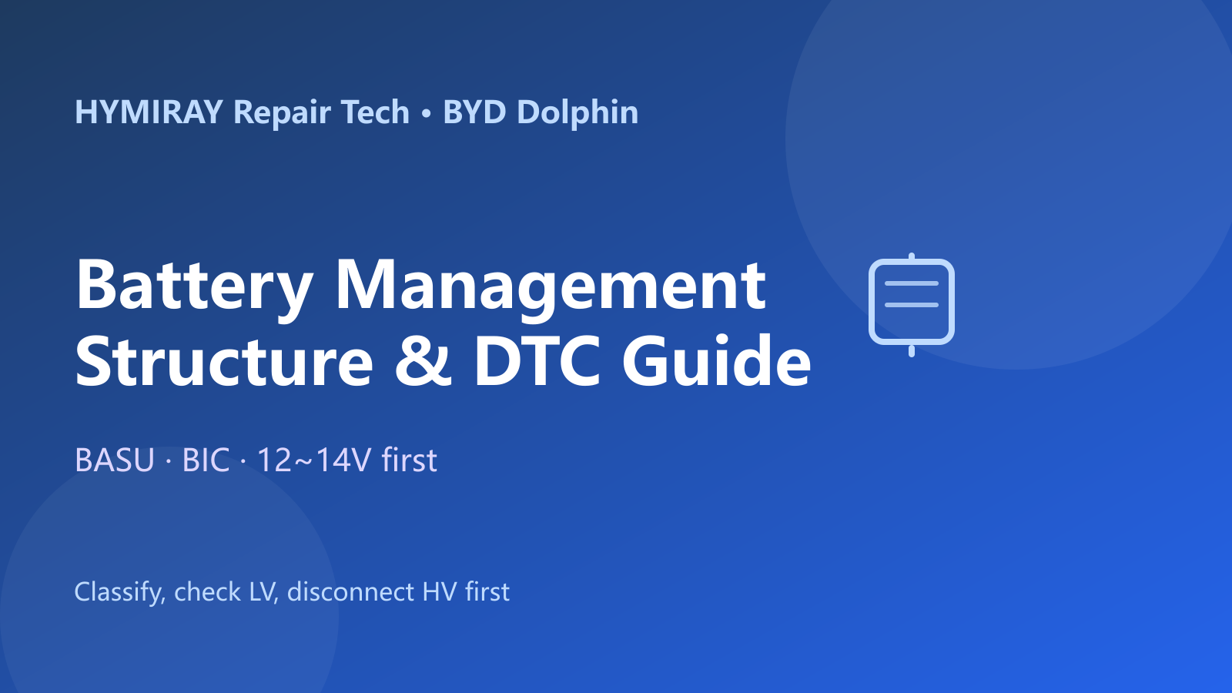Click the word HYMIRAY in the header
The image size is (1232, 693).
tap(149, 112)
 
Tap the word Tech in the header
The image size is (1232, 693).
tap(376, 112)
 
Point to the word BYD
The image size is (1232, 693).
tap(474, 112)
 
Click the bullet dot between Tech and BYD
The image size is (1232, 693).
tap(426, 113)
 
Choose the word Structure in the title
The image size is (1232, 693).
tap(224, 361)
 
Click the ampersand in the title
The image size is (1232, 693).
tap(423, 361)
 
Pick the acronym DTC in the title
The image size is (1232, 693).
tap(537, 361)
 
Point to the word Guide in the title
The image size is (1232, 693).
tap(717, 360)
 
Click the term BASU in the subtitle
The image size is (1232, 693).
tap(115, 460)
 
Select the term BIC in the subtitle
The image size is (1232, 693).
tap(206, 460)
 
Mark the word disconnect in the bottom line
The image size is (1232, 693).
tap(350, 592)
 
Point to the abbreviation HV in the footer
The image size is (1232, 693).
tap(439, 592)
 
